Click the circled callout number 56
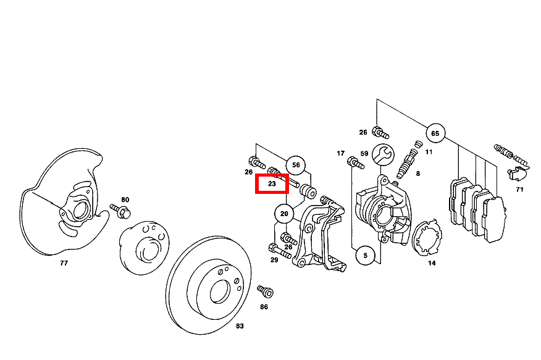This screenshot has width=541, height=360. point(296,165)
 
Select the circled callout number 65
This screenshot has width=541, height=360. point(435,133)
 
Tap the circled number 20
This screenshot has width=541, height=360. point(284,214)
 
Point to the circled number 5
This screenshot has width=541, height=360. point(366,256)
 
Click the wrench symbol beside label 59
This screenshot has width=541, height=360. point(384,154)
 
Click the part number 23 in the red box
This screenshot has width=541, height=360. point(272,184)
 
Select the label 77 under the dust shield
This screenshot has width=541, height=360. point(64,263)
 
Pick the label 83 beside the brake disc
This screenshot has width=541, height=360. point(240,326)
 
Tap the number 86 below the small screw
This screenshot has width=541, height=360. point(264,307)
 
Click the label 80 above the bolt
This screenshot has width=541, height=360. point(125,199)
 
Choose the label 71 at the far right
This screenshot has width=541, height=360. point(519,190)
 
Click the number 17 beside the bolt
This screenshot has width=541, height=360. point(340,153)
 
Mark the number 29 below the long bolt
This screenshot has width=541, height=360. point(274,260)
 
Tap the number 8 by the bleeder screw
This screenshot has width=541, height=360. point(418,174)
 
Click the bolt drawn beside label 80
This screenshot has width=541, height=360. point(120,211)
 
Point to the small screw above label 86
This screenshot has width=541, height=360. point(266,291)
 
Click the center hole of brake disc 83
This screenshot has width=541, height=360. point(219,291)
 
